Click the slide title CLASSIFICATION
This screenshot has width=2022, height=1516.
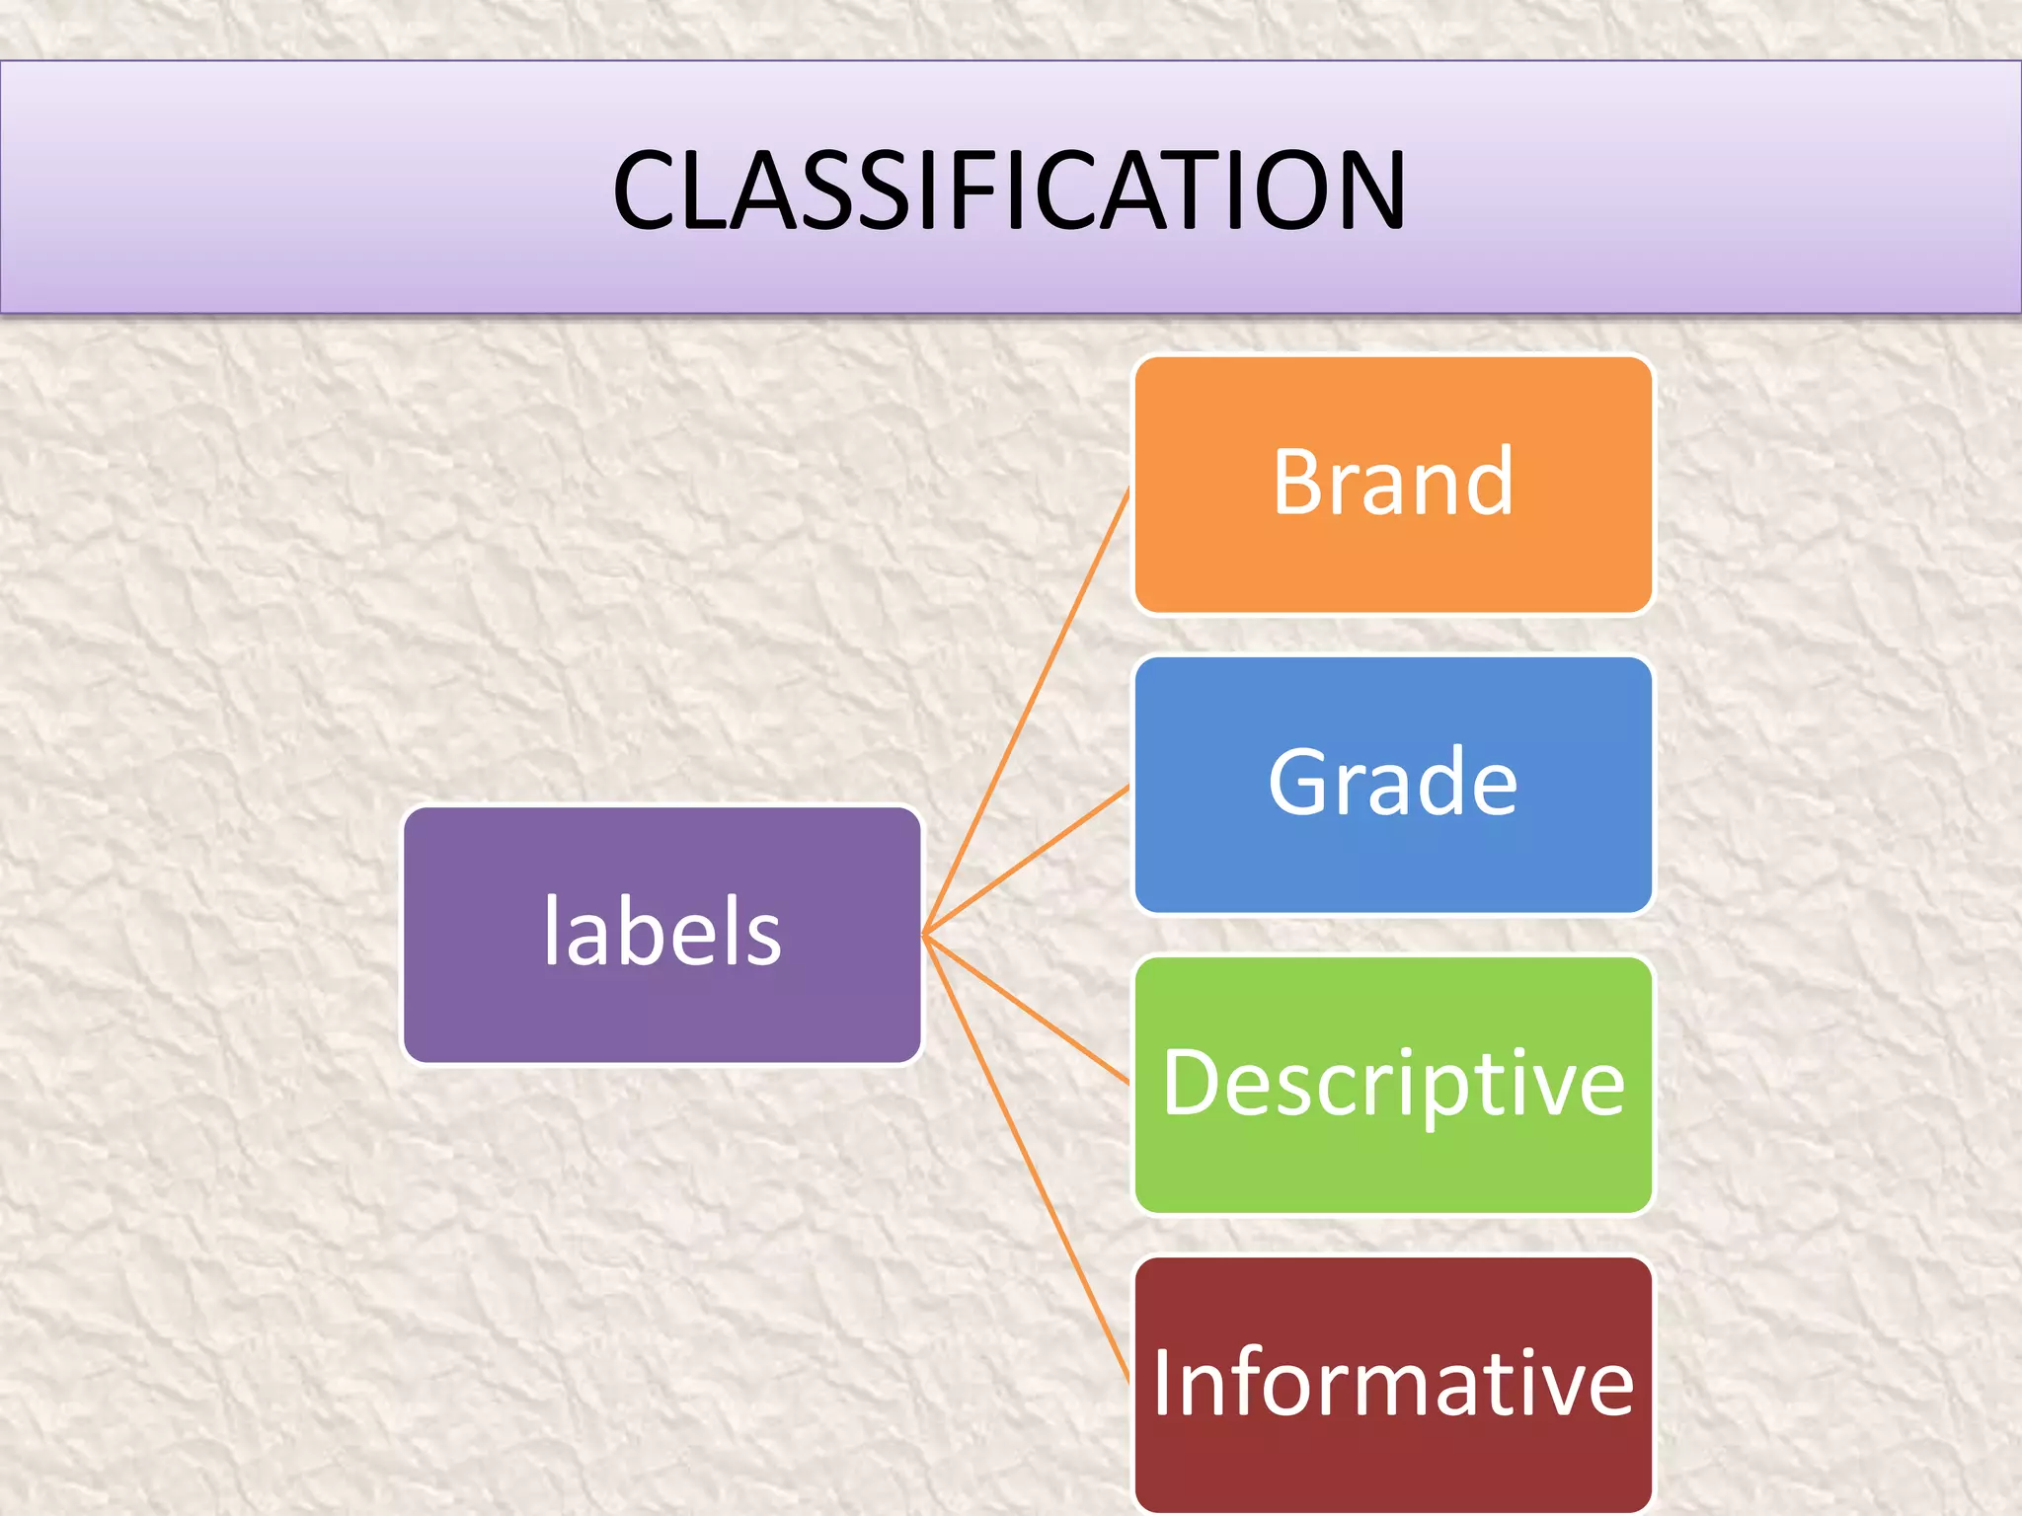1009,189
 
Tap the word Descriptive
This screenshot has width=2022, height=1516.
1392,1084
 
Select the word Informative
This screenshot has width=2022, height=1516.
1392,1383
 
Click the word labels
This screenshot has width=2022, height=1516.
661,932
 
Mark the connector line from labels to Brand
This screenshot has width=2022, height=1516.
1027,711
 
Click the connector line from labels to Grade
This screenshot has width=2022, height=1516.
1027,861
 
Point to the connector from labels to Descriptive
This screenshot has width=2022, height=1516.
1027,1010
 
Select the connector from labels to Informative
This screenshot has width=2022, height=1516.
1027,1157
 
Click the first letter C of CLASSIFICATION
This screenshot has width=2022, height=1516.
647,190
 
